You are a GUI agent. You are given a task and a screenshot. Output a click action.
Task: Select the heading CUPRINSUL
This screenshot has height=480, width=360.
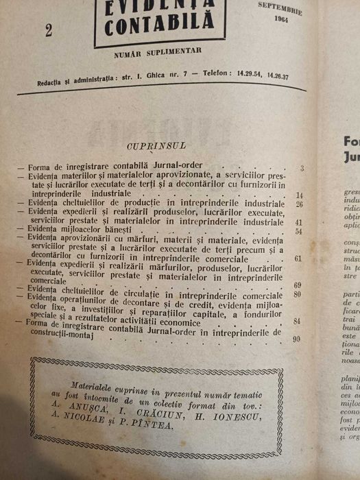click(x=150, y=146)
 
